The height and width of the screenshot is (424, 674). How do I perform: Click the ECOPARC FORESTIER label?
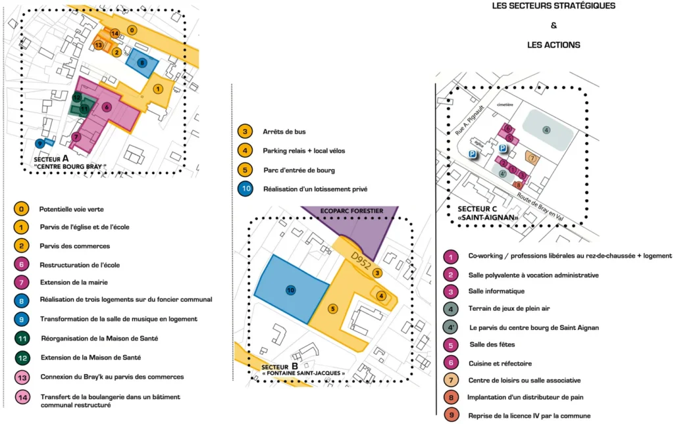click(x=351, y=211)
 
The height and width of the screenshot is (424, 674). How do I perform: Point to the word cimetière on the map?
click(x=505, y=105)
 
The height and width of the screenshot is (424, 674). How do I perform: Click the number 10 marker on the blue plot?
click(x=291, y=290)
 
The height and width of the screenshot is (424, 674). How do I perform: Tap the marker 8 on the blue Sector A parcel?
click(x=142, y=62)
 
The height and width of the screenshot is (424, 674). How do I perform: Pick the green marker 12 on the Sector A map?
click(x=77, y=98)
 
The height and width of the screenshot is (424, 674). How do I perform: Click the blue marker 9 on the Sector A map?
click(x=41, y=143)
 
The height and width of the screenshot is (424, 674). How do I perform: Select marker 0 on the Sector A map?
click(x=132, y=30)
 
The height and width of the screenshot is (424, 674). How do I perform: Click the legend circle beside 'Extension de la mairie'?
click(x=22, y=283)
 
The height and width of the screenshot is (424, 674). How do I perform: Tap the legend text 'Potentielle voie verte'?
click(x=72, y=209)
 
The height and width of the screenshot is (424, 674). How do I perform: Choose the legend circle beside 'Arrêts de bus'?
click(x=245, y=131)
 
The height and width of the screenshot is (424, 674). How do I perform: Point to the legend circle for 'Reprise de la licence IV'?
click(x=451, y=415)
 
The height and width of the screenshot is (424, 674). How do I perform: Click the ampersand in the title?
click(x=554, y=26)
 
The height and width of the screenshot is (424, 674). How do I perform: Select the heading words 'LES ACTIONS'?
click(x=554, y=45)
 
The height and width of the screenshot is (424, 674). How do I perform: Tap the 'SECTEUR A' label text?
click(x=51, y=159)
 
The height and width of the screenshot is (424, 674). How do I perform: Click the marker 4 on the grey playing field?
click(x=546, y=130)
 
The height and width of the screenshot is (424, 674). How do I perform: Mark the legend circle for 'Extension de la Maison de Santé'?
click(x=22, y=358)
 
